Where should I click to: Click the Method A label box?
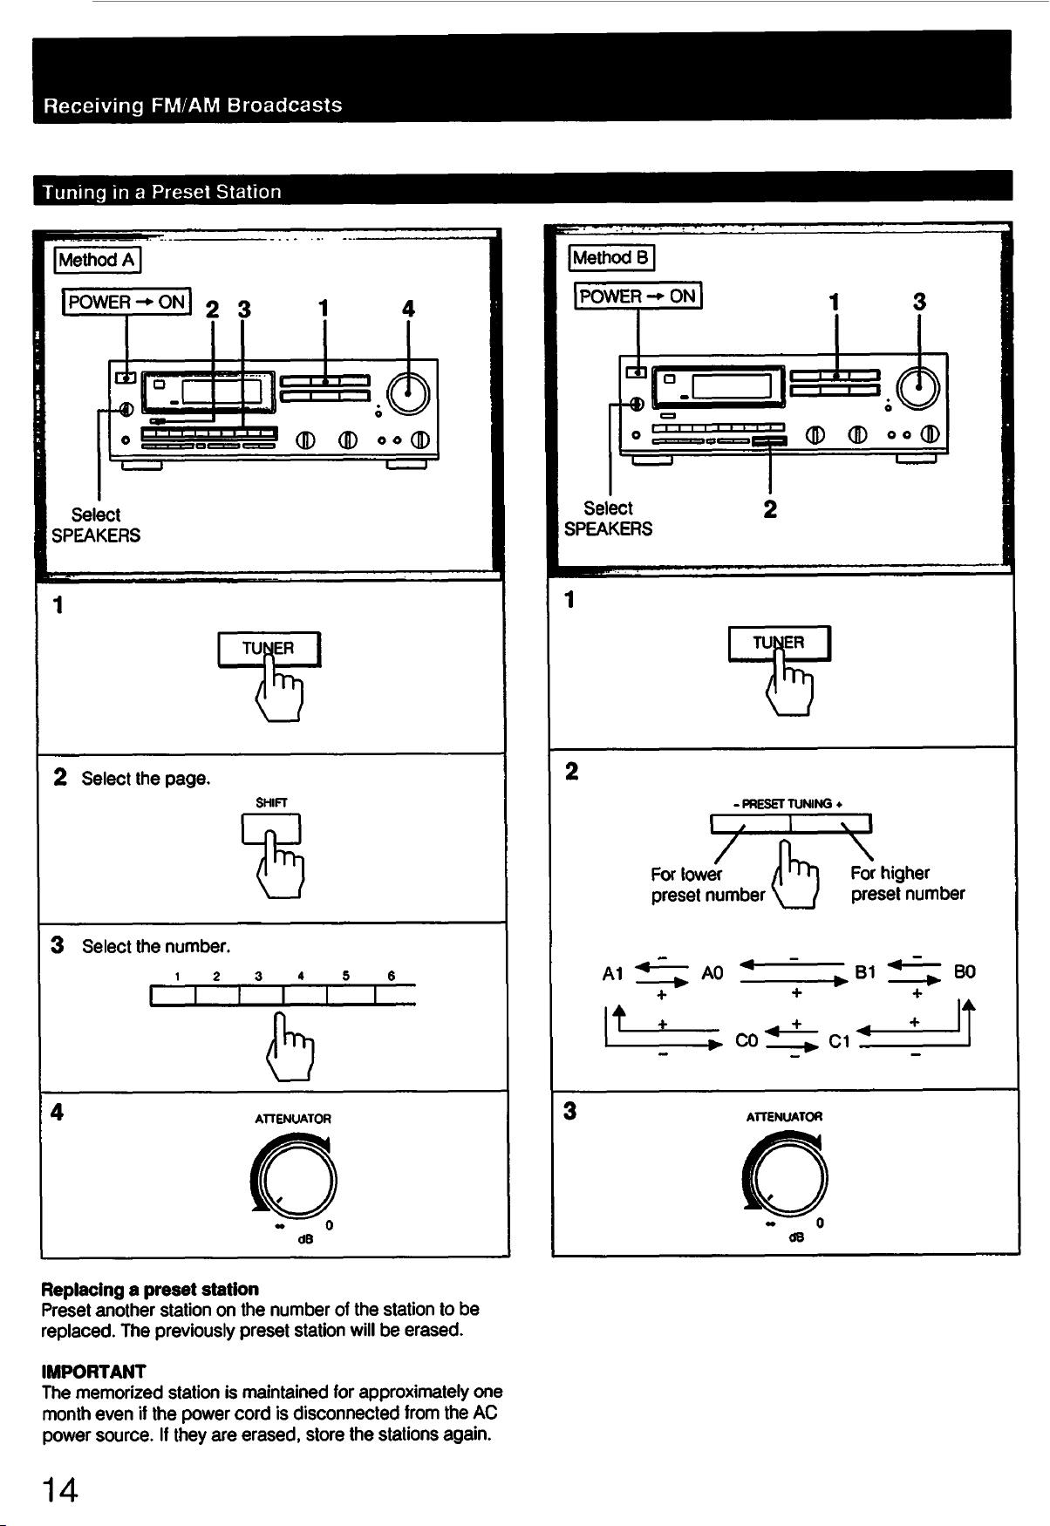pos(98,260)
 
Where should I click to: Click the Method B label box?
pos(611,257)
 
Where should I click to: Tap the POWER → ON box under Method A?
pos(126,302)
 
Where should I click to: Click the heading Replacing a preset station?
pos(150,1289)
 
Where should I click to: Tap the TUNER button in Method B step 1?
pos(780,644)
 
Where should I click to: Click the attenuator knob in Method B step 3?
pos(786,1172)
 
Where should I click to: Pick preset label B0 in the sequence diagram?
pos(964,971)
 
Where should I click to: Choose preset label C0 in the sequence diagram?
pos(747,1039)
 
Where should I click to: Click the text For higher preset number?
pos(908,883)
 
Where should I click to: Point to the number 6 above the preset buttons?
pos(392,976)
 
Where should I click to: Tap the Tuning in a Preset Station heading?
pos(163,192)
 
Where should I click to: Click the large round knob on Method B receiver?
pos(917,385)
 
